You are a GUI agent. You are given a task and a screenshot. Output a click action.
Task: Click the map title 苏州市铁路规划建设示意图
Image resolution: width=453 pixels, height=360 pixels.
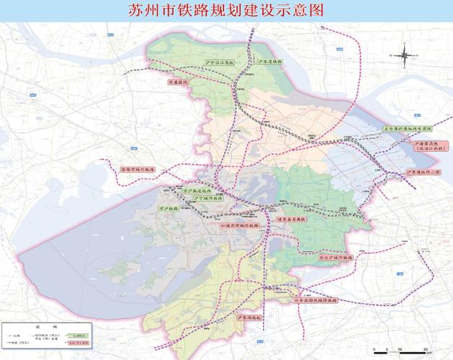point(226,10)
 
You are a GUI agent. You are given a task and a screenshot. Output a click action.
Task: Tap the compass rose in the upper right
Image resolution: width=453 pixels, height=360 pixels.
point(406,54)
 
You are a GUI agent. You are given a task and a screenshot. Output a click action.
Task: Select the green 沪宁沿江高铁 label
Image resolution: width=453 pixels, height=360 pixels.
point(220,63)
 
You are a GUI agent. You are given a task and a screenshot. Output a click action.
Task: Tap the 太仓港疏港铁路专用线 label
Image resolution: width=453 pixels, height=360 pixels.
point(407,129)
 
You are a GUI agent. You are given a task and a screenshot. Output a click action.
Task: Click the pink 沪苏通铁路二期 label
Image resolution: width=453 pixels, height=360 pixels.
point(422,173)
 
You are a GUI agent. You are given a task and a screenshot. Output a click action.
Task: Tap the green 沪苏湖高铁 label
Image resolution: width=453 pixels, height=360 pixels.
point(249,317)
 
